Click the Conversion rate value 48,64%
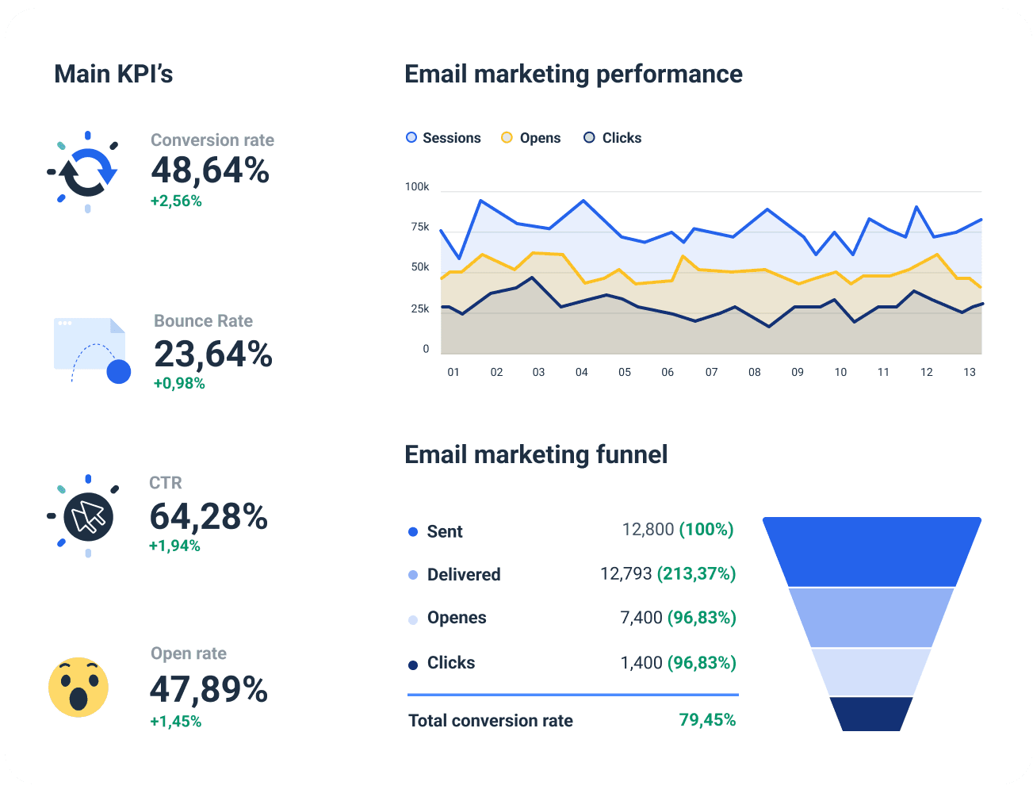pyautogui.click(x=210, y=170)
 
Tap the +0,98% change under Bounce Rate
pyautogui.click(x=179, y=384)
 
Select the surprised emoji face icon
pyautogui.click(x=78, y=687)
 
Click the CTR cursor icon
pyautogui.click(x=88, y=517)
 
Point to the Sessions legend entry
pyautogui.click(x=443, y=138)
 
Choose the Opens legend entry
pyautogui.click(x=531, y=138)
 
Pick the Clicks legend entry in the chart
pyautogui.click(x=613, y=138)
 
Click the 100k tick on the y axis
pyautogui.click(x=417, y=187)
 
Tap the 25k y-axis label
pyautogui.click(x=420, y=308)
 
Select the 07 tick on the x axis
pyautogui.click(x=711, y=372)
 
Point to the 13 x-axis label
pyautogui.click(x=969, y=372)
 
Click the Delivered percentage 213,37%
pyautogui.click(x=696, y=573)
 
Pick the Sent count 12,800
pyautogui.click(x=648, y=529)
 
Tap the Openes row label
pyautogui.click(x=457, y=618)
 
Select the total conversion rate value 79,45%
pyautogui.click(x=707, y=720)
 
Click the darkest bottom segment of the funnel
pyautogui.click(x=870, y=714)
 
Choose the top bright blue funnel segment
pyautogui.click(x=872, y=551)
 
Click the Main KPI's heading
pyautogui.click(x=113, y=74)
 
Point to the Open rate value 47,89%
pyautogui.click(x=209, y=689)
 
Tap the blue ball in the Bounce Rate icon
pyautogui.click(x=119, y=371)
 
